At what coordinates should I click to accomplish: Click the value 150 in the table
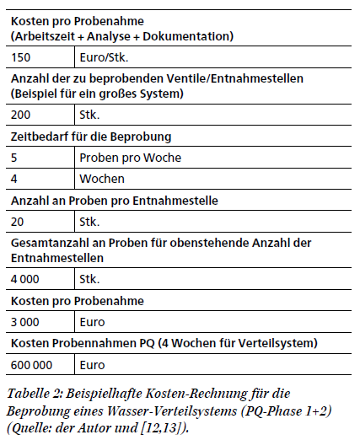(21, 58)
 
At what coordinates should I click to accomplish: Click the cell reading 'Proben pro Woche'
(130, 158)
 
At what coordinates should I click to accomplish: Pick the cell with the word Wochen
(102, 179)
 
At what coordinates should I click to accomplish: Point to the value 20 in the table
(18, 222)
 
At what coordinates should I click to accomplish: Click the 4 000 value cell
(28, 278)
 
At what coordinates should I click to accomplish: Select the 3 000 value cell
(28, 322)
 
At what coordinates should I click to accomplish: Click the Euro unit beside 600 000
(93, 365)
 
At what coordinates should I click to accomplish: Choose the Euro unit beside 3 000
(93, 322)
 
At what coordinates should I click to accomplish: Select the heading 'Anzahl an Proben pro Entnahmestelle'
(115, 201)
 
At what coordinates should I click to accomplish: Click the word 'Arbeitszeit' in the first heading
(46, 36)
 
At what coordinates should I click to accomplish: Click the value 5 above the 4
(14, 158)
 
